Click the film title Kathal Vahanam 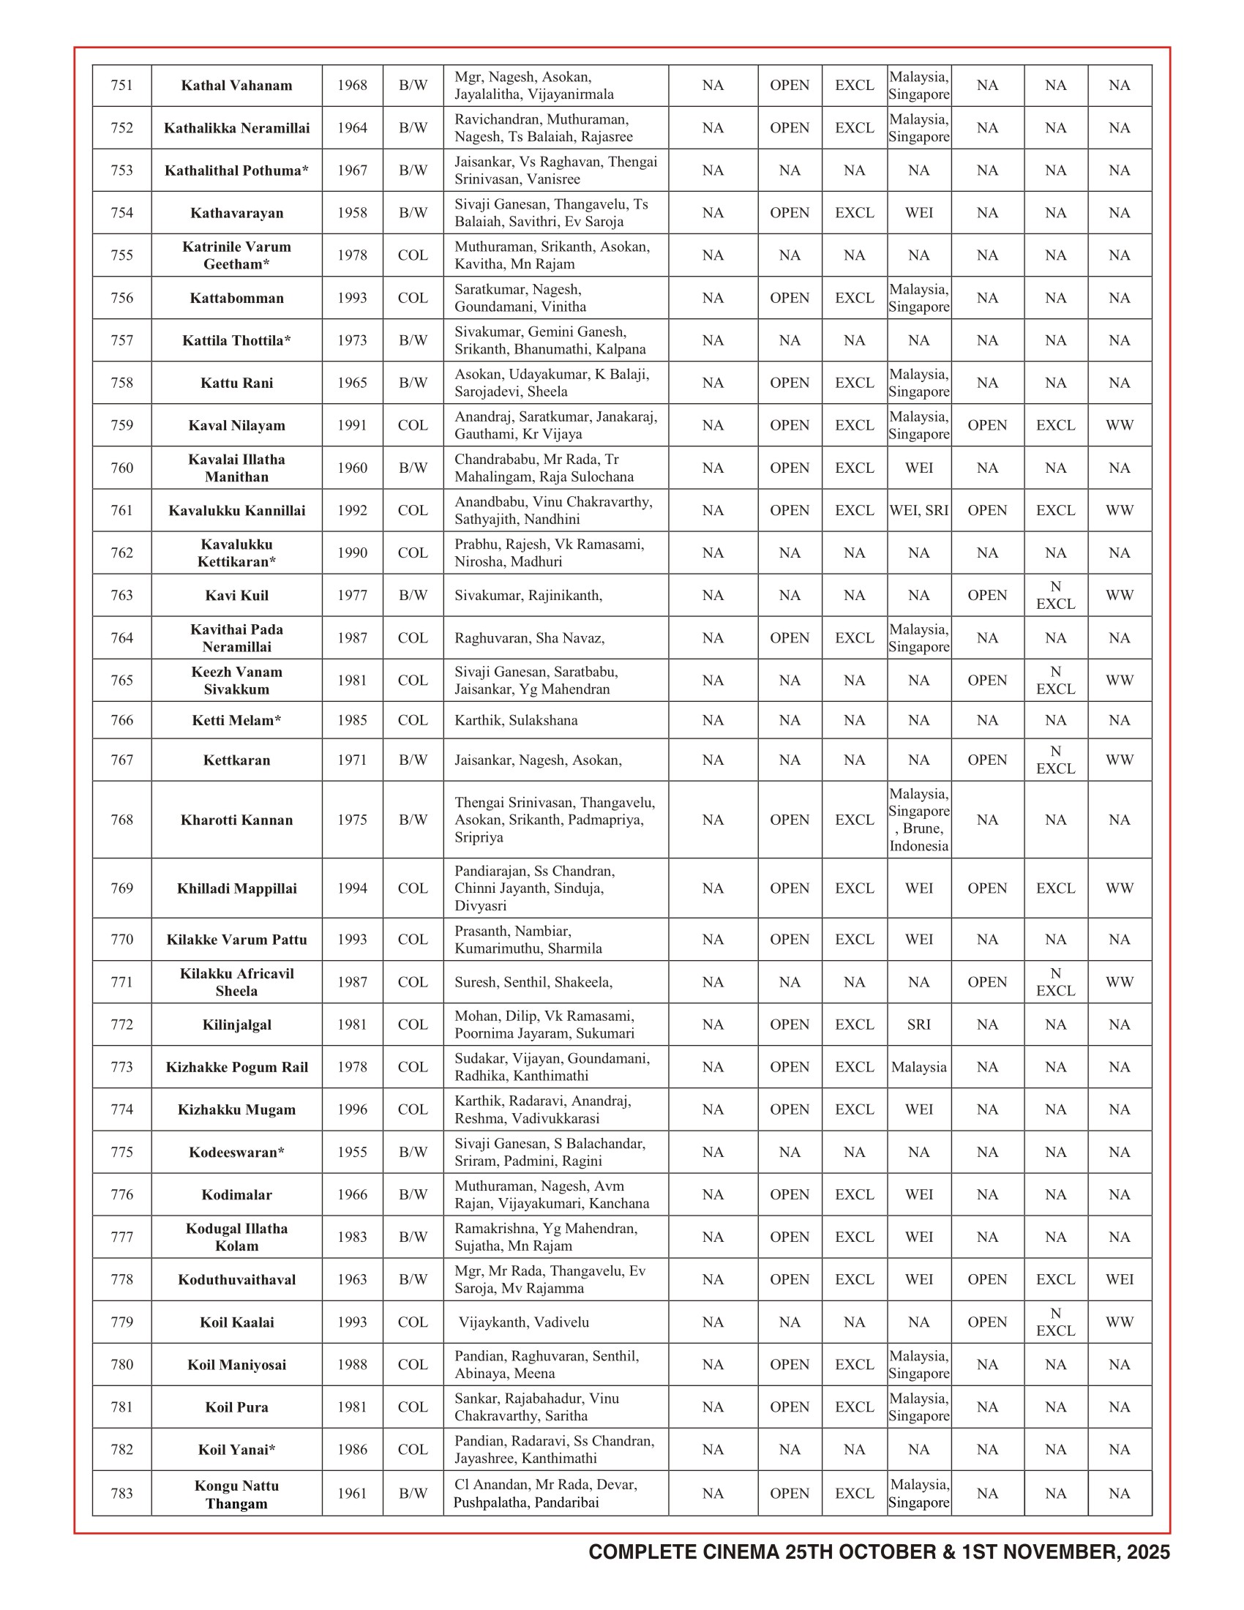tap(236, 86)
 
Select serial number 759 tap(121, 425)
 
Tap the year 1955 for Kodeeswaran tap(351, 1152)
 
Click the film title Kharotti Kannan tap(236, 820)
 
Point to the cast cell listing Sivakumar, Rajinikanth tap(528, 596)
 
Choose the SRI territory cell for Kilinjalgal tap(918, 1025)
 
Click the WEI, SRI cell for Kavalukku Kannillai tap(918, 510)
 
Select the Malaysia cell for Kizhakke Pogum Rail tap(918, 1068)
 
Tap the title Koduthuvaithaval tap(236, 1280)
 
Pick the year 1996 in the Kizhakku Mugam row tap(351, 1109)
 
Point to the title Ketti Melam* tap(236, 720)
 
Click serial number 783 tap(121, 1494)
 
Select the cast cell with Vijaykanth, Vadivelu tap(524, 1322)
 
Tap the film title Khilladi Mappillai tap(236, 888)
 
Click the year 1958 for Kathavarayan tap(351, 213)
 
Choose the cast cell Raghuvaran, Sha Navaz tap(529, 638)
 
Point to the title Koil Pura tap(236, 1407)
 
